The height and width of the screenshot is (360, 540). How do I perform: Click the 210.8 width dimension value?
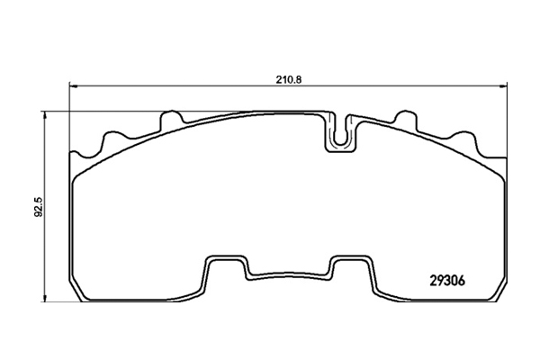click(289, 79)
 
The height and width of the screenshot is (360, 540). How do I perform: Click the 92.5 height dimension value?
click(38, 207)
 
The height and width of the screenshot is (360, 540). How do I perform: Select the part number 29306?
click(447, 281)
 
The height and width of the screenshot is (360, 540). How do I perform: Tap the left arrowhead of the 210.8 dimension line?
click(72, 85)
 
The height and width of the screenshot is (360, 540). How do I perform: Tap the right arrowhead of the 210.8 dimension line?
click(504, 85)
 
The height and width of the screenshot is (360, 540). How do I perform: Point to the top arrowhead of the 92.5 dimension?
click(44, 114)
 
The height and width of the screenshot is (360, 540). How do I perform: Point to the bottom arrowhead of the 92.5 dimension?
click(44, 299)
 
